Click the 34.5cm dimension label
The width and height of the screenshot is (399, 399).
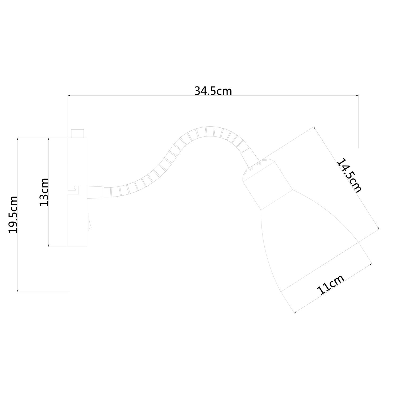click(213, 91)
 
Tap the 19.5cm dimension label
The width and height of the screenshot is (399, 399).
click(13, 215)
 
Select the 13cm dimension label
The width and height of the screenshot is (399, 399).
click(44, 192)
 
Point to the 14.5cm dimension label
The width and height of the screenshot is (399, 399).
click(350, 176)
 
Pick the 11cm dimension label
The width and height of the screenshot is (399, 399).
click(331, 284)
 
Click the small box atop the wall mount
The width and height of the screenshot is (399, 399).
click(77, 134)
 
